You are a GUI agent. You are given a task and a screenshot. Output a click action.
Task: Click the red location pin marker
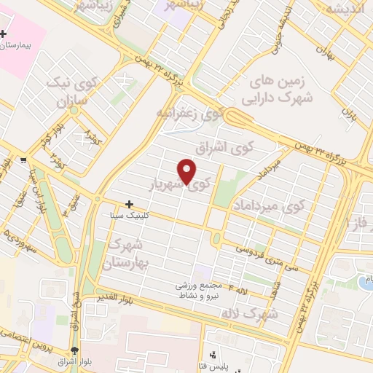187,170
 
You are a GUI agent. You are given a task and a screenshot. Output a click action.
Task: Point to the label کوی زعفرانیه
188,114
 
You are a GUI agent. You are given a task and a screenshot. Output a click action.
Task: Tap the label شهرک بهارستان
126,252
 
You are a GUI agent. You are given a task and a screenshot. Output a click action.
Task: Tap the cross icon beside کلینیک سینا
130,205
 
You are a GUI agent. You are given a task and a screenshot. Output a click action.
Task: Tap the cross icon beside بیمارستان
4,34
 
